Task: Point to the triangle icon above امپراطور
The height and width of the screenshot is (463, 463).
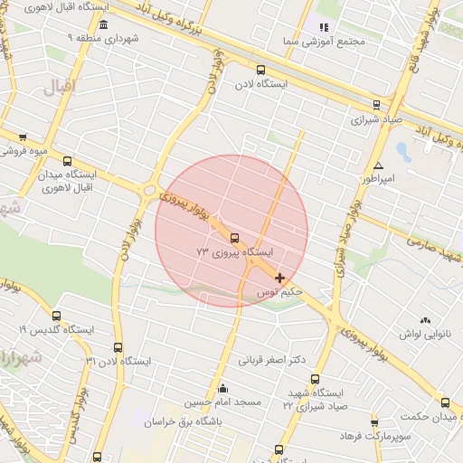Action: point(378,165)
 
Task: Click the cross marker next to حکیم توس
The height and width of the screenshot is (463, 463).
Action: point(279,278)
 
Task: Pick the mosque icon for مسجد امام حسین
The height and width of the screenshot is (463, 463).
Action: point(222,388)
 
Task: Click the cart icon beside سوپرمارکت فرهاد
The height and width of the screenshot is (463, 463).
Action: point(374,422)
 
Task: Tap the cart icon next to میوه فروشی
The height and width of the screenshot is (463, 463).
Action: point(23,137)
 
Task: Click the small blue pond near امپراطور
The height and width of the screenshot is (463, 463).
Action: point(402,151)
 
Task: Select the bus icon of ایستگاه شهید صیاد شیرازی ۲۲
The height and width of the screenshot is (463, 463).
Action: point(315,379)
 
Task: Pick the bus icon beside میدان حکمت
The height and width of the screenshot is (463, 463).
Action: point(444,402)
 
